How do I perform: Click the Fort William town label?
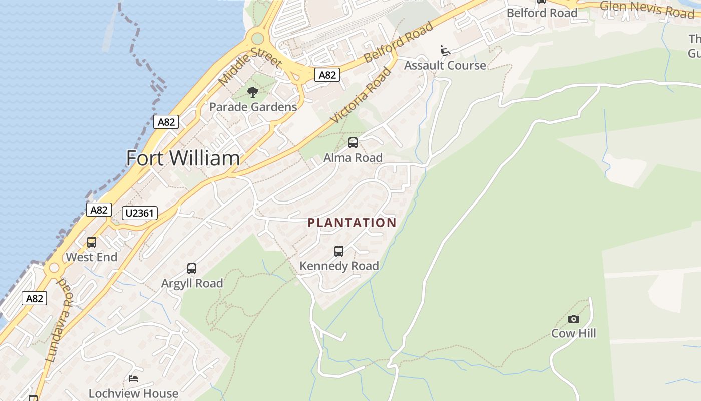pos(183,158)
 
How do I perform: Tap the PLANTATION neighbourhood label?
pos(352,223)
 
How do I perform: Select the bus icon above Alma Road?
pos(353,143)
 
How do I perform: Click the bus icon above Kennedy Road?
pos(339,251)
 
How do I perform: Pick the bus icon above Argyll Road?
pos(192,269)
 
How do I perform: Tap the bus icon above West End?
pos(92,242)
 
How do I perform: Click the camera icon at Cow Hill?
pos(574,319)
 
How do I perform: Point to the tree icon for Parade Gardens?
pos(253,92)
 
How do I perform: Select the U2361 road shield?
pos(140,213)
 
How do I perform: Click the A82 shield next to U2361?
pos(99,210)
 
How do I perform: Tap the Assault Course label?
pos(445,66)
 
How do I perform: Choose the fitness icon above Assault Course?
pos(445,51)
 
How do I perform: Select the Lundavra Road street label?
pos(59,321)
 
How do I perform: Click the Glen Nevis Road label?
pos(647,9)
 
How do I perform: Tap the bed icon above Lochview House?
pos(133,379)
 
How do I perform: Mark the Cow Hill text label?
pos(574,333)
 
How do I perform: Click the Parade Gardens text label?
pos(253,107)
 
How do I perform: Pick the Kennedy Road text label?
pos(339,266)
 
